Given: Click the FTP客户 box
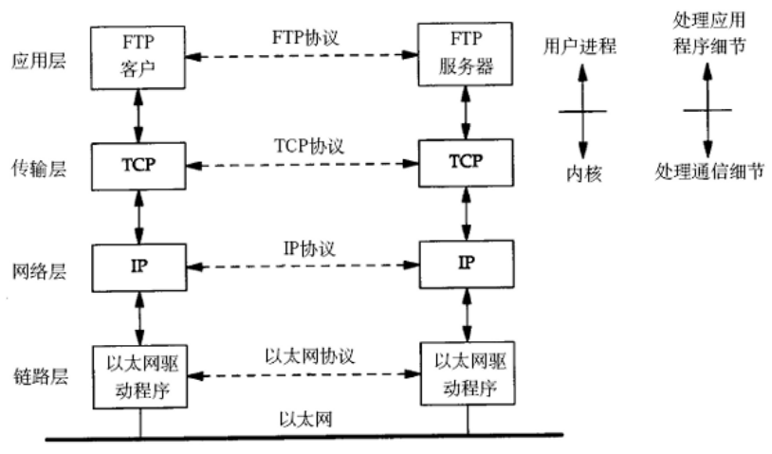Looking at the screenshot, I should click(x=138, y=55).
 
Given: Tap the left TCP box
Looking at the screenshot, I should click(x=138, y=164).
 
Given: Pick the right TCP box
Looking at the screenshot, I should click(x=466, y=164).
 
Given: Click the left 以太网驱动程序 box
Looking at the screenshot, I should click(x=138, y=376).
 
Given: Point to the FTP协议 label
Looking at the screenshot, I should click(x=303, y=42).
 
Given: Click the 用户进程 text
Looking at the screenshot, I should click(x=580, y=46).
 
